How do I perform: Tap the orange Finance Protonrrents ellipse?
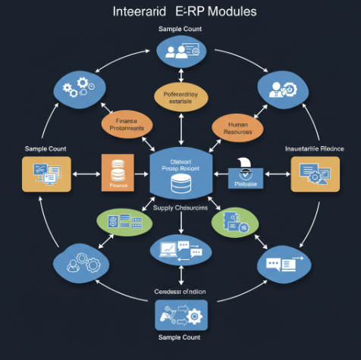(127, 125)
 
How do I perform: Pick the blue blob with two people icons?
(181, 52)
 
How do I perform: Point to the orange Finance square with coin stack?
(118, 173)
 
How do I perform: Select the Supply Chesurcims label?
(180, 208)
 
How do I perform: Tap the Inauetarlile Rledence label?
(314, 149)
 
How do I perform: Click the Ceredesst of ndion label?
(180, 291)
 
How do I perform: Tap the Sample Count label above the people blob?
(180, 29)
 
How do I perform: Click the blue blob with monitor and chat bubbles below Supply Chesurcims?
(180, 249)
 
